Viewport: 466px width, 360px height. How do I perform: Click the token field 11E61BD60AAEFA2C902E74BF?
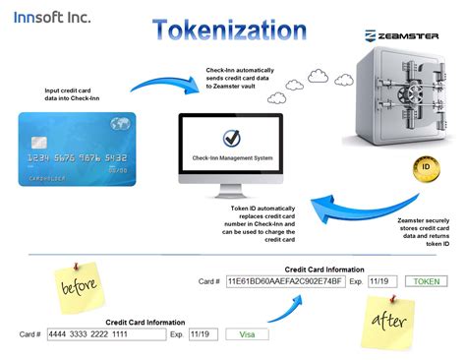click(x=284, y=281)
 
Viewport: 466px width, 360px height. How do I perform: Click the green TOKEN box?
click(x=425, y=281)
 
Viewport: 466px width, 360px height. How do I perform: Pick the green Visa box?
click(x=247, y=334)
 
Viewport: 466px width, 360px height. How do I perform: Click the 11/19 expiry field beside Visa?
click(x=203, y=334)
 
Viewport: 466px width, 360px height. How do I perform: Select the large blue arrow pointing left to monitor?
click(x=334, y=203)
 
